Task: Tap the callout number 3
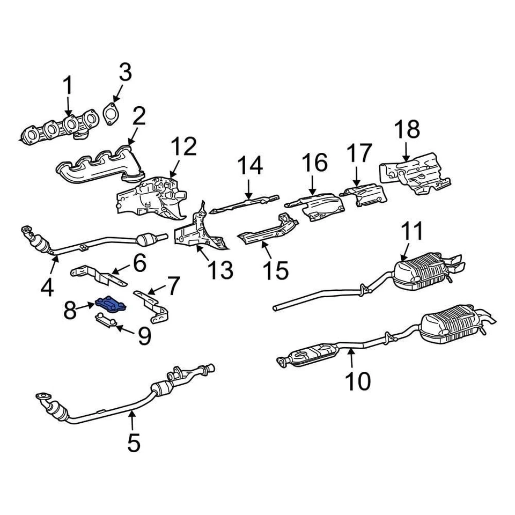coord(124,73)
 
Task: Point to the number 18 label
coord(407,130)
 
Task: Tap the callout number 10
coord(358,381)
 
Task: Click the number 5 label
coord(133,443)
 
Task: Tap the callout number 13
coord(221,270)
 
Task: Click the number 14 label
coord(250,166)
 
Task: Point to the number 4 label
coord(47,288)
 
